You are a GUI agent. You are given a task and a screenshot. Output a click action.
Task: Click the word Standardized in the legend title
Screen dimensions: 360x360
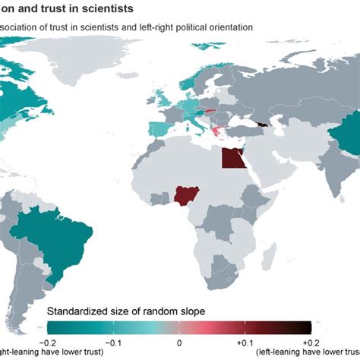click(80, 311)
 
